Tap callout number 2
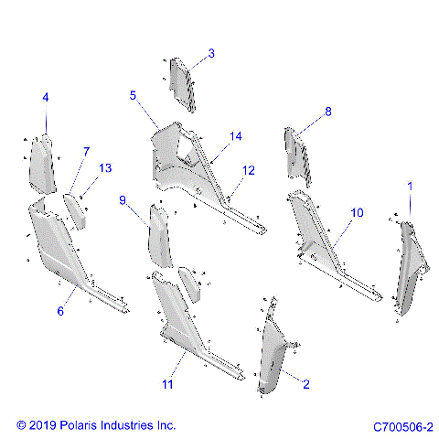(x=306, y=385)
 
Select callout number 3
(x=211, y=54)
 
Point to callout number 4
(x=46, y=97)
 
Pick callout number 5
(x=133, y=95)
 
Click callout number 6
(x=60, y=312)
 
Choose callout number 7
(x=87, y=151)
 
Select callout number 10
(x=357, y=212)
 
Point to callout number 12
(x=248, y=170)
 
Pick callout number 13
(x=104, y=168)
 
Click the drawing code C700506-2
(x=402, y=426)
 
